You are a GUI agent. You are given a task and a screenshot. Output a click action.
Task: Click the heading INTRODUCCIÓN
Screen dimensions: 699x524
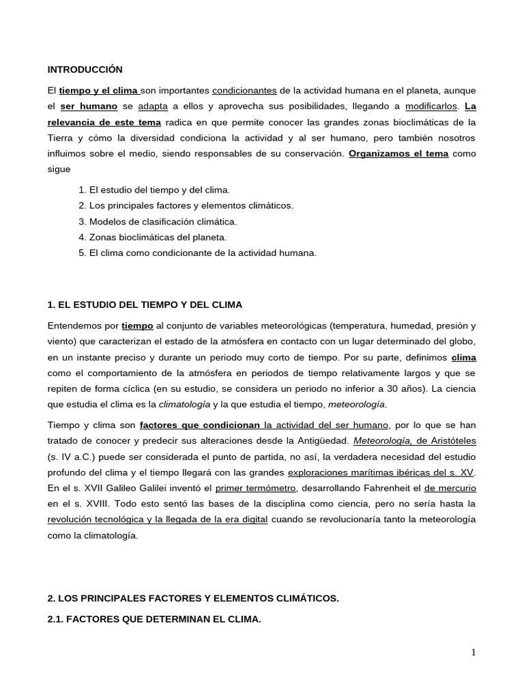85,70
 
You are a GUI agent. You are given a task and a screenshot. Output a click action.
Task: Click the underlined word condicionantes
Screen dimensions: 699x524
244,91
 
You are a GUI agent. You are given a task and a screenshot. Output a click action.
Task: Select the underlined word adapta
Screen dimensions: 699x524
153,106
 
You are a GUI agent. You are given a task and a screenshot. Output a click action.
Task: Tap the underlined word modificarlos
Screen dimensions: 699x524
431,106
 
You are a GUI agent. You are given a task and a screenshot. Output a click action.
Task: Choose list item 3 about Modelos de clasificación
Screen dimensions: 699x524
158,221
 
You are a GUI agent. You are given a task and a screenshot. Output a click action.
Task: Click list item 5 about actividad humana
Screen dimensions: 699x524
198,253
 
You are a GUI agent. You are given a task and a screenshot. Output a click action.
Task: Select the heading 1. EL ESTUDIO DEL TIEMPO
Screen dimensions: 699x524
145,304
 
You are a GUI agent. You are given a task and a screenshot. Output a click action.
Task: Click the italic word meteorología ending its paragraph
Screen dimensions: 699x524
357,404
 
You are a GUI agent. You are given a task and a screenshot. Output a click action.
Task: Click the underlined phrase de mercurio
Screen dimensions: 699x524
450,488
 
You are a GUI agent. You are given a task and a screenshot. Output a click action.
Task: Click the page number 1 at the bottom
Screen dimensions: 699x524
473,653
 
